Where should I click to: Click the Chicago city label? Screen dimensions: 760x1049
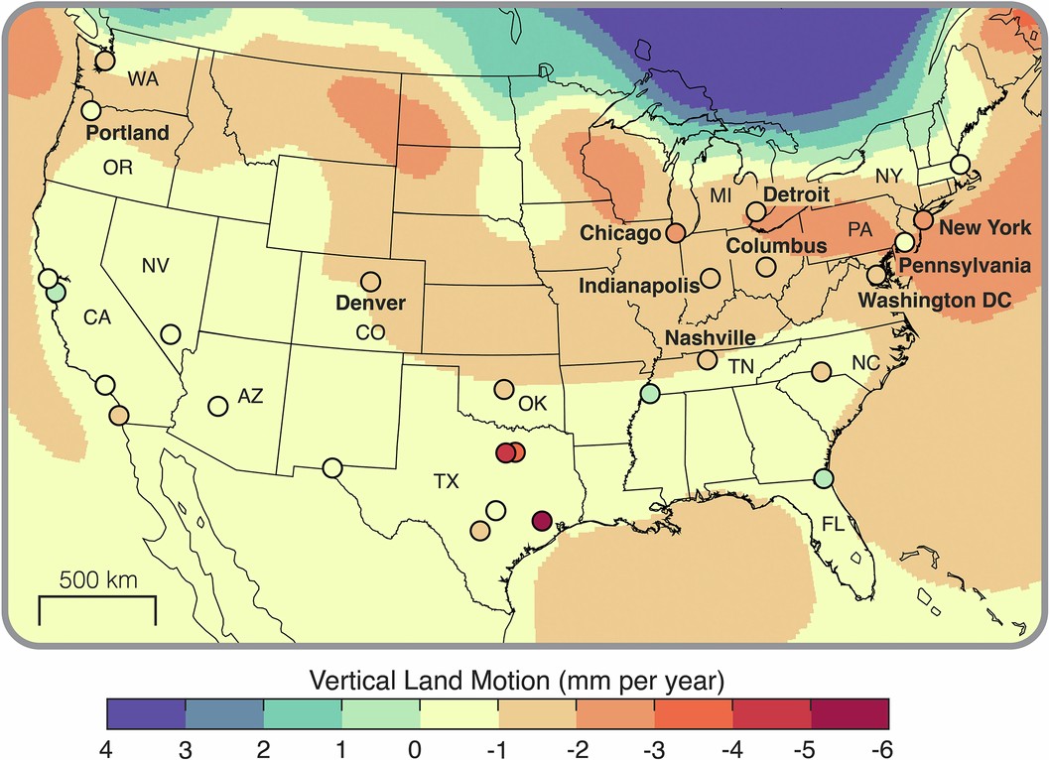(621, 233)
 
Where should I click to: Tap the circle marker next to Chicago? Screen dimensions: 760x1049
(675, 234)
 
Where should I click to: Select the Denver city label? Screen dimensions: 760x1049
(371, 302)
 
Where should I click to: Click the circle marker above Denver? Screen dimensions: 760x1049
(370, 282)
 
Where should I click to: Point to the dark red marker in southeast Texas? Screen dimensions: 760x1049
(542, 520)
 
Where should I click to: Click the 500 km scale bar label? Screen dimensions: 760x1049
(97, 578)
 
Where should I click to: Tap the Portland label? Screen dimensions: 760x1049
(126, 132)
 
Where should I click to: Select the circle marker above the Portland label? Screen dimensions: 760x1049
(91, 110)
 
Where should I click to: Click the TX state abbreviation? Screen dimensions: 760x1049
(447, 482)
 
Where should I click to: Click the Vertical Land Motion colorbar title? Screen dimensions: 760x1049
(517, 682)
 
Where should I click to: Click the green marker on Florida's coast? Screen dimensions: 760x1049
(823, 478)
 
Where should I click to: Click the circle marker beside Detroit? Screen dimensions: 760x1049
(756, 211)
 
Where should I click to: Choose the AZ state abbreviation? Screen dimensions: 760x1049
(250, 397)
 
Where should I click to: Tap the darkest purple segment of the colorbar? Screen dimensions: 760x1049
(146, 712)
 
